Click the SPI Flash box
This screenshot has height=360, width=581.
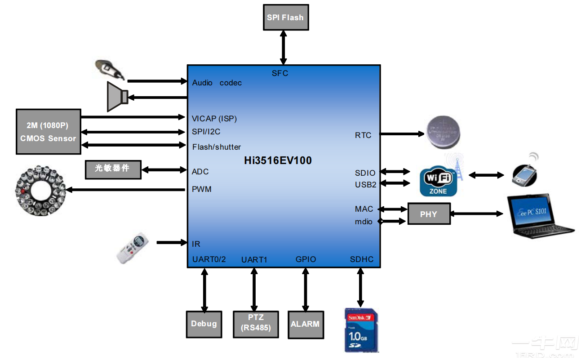tap(286, 18)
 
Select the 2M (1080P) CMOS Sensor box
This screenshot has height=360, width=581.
tap(48, 132)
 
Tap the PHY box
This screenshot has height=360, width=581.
tap(428, 214)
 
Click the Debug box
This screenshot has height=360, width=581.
tap(204, 324)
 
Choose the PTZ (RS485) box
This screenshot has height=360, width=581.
tap(255, 324)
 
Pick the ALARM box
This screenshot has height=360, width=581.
tap(305, 324)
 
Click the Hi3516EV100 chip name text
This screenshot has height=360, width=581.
tap(278, 160)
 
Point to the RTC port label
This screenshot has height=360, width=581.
tap(363, 135)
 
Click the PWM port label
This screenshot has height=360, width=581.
tap(202, 189)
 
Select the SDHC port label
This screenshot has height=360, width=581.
tap(362, 259)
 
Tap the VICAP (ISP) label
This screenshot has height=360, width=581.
tap(214, 119)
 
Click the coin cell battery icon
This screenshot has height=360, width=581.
tap(443, 132)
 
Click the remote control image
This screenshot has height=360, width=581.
tap(133, 247)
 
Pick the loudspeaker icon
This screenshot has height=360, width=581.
tap(117, 96)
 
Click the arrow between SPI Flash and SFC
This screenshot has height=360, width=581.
tap(283, 47)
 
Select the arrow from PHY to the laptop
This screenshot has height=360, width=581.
tap(477, 214)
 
